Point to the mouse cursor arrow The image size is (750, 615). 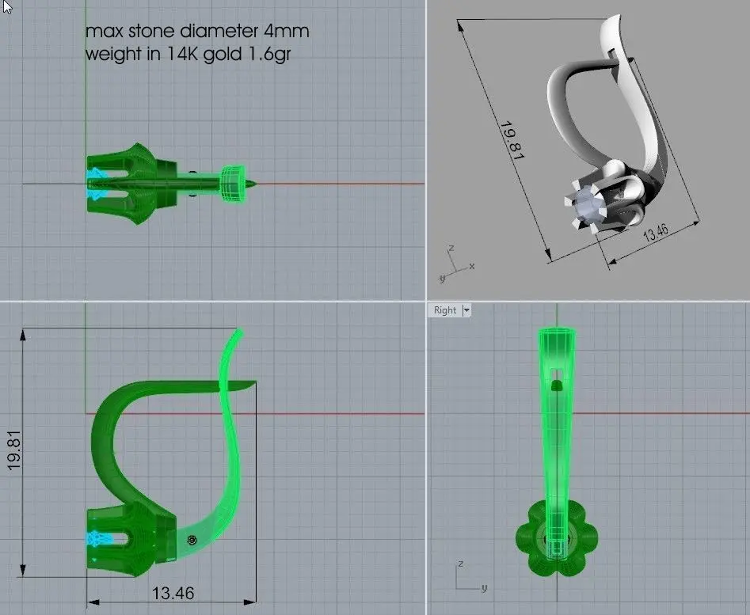6,6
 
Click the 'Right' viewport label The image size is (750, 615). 445,310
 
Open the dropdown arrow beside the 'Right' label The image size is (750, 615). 466,310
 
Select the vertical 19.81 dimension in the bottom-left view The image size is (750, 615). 14,450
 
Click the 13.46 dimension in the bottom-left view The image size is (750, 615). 173,593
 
